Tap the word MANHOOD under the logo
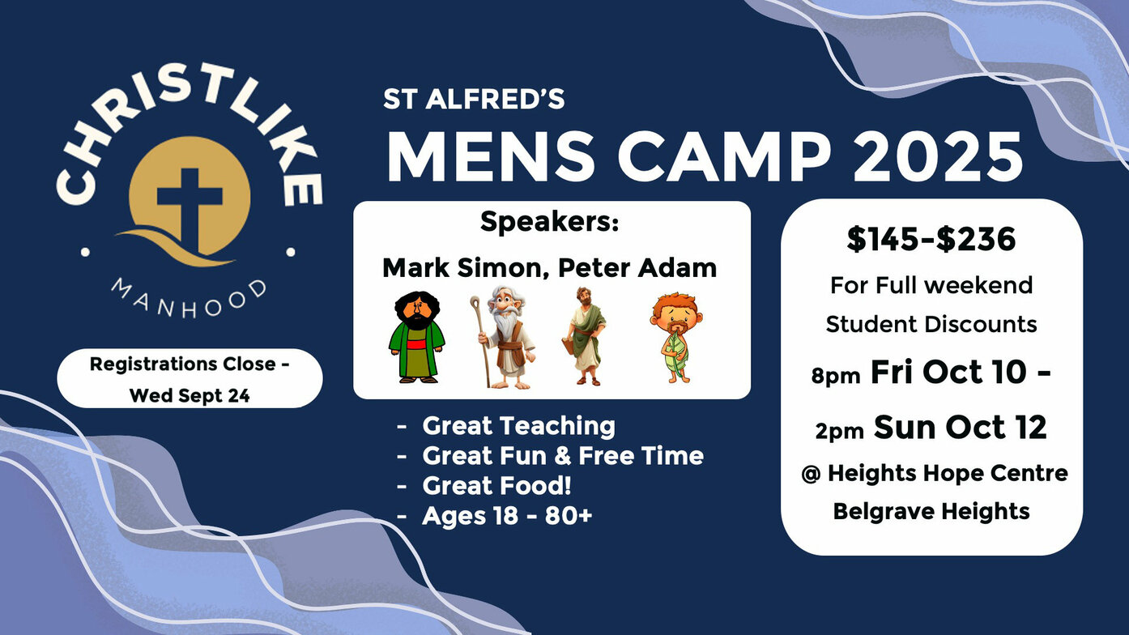click(190, 299)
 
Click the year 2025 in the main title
click(938, 157)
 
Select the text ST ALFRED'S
click(474, 99)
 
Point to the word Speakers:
click(549, 222)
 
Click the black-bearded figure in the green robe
click(417, 337)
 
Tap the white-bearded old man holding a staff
click(502, 337)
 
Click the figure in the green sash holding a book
click(584, 336)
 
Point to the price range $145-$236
click(931, 239)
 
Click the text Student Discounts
click(931, 324)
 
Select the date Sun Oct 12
click(961, 428)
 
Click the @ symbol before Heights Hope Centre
click(811, 474)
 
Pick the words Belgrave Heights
click(931, 512)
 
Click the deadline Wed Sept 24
click(190, 395)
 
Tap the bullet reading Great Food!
click(496, 485)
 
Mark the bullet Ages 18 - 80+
click(507, 516)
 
